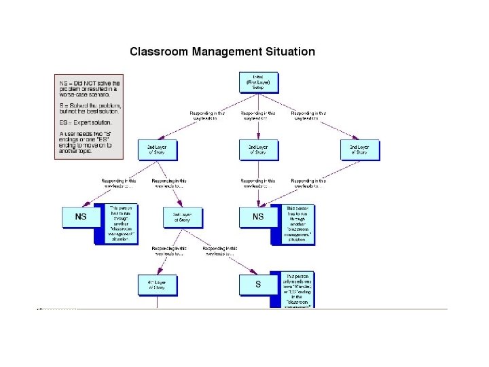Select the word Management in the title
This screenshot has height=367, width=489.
click(x=225, y=52)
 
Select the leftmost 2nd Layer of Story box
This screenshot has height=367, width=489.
click(x=157, y=149)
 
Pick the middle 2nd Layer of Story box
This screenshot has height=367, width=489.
click(x=258, y=149)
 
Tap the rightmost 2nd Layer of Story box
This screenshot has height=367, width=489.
click(x=360, y=149)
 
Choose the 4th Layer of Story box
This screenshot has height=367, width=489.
click(x=157, y=284)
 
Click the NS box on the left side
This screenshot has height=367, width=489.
click(x=81, y=217)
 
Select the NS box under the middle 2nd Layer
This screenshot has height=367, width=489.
click(x=258, y=217)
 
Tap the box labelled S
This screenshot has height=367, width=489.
click(x=258, y=284)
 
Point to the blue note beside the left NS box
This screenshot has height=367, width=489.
click(x=120, y=224)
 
